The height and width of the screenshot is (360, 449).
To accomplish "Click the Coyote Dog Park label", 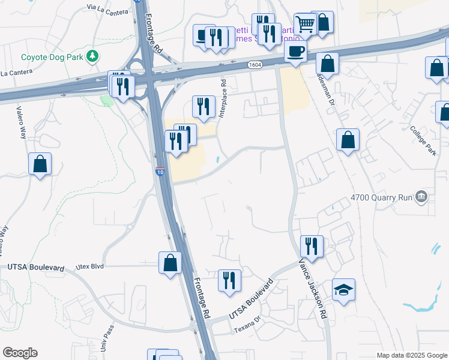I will click(x=52, y=57).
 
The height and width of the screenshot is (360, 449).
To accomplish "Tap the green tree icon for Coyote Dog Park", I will click(x=92, y=57).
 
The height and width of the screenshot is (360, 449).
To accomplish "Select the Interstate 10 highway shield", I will click(x=160, y=172).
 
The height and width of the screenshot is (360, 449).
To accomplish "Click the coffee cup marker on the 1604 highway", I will click(x=295, y=52).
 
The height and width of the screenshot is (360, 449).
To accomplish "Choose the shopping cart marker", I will click(x=306, y=25).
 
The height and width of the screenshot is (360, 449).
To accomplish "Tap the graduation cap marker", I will click(x=343, y=290).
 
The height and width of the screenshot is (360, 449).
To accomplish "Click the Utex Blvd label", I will click(x=90, y=266).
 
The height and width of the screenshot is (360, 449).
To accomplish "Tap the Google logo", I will click(x=20, y=353).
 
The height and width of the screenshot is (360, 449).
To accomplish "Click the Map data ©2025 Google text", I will click(x=411, y=355).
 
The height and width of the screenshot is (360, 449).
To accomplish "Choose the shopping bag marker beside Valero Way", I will click(x=40, y=164).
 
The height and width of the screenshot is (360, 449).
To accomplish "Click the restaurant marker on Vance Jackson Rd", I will click(x=312, y=245).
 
